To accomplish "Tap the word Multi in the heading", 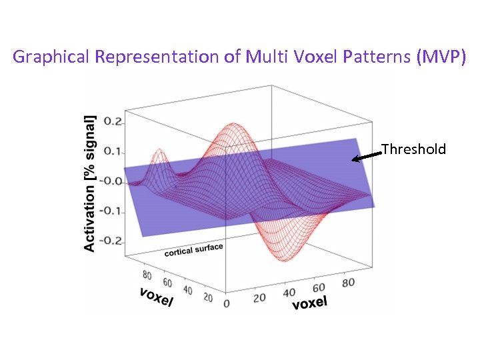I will click(265, 57).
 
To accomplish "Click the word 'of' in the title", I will click(233, 57).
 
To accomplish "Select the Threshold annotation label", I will click(413, 149).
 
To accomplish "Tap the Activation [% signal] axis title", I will click(90, 183).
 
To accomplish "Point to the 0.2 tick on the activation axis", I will click(114, 122).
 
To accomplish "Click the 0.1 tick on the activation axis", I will click(114, 151).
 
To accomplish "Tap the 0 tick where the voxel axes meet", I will click(227, 303).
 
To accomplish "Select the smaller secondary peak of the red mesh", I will click(159, 151).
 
